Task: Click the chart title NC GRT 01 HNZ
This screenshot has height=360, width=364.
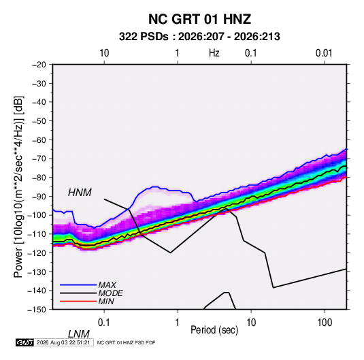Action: [x=199, y=19]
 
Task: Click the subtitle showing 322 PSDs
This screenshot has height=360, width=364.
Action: [x=199, y=37]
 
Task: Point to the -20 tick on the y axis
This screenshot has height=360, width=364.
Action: [x=39, y=65]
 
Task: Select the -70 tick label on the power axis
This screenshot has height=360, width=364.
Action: [x=39, y=159]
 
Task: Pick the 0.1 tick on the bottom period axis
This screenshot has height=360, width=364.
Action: [x=103, y=323]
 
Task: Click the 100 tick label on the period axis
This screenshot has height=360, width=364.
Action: [x=325, y=323]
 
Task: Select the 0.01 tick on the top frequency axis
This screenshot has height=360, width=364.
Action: [x=324, y=53]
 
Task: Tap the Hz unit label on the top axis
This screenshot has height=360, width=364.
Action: [x=214, y=53]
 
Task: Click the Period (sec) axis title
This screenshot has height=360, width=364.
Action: [x=214, y=330]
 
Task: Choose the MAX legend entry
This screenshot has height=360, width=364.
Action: [x=107, y=285]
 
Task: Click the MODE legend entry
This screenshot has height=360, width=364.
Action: [x=110, y=293]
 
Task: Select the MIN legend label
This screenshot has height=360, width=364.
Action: [x=106, y=301]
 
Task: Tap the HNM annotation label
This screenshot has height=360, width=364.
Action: [x=80, y=193]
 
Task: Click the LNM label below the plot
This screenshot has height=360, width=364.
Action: [x=78, y=334]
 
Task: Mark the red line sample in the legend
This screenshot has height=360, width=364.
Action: [x=78, y=301]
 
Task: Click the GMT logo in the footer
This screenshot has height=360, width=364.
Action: [x=25, y=342]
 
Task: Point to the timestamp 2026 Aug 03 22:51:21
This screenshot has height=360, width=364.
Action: [x=63, y=342]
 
